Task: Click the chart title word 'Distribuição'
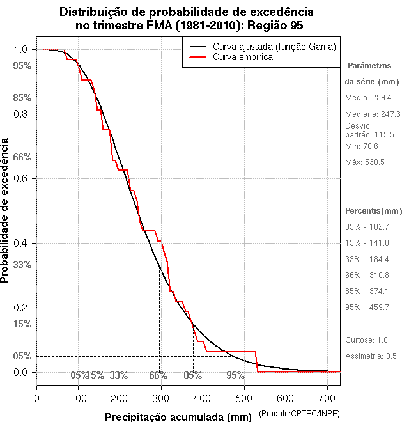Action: tap(96, 12)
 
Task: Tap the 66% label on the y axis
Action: tap(22, 157)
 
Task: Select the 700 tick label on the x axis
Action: tap(327, 398)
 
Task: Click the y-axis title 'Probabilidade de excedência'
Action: tap(6, 210)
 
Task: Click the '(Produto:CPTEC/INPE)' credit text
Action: tap(300, 415)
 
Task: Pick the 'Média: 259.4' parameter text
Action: tap(368, 98)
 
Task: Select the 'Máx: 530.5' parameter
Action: tap(365, 162)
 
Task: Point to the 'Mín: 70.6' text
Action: tap(362, 146)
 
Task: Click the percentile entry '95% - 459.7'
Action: tap(367, 308)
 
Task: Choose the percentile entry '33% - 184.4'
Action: tap(367, 259)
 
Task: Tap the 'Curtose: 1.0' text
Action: tap(366, 340)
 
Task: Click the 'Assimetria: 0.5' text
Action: tap(372, 356)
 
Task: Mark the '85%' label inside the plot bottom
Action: tap(192, 375)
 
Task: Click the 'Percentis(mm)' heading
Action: tap(374, 210)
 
